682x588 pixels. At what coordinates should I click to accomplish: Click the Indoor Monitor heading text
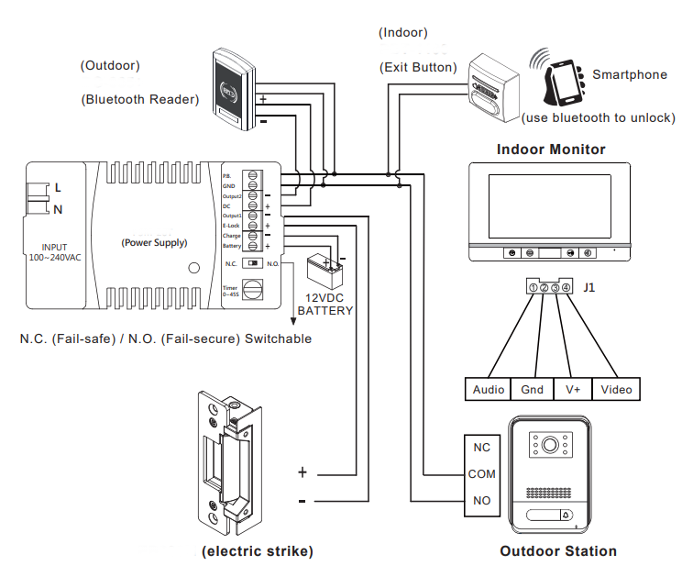(x=551, y=149)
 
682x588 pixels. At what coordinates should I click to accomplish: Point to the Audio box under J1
(x=489, y=390)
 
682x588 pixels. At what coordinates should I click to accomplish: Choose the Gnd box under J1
(x=532, y=390)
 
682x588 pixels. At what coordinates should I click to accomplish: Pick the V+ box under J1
(x=574, y=390)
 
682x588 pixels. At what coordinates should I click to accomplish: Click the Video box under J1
(x=616, y=390)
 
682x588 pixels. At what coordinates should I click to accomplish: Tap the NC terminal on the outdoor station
(x=482, y=449)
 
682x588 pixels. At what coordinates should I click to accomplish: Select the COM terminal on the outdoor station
(x=482, y=474)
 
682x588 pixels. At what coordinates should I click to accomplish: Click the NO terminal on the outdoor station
(x=482, y=501)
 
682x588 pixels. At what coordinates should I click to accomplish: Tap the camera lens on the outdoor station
(x=550, y=446)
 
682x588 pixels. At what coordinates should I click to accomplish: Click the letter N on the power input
(x=58, y=209)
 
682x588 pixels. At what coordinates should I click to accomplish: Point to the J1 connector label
(x=589, y=288)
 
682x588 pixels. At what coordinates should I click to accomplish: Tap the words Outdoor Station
(x=557, y=551)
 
